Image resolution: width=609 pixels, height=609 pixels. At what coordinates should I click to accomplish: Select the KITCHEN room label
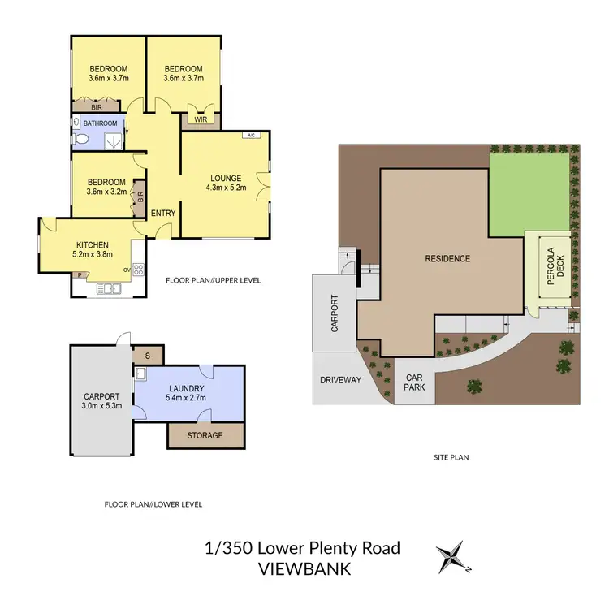click(92, 244)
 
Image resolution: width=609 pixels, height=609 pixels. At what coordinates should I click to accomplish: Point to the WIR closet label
click(199, 119)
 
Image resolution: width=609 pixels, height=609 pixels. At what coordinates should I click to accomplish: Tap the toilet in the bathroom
click(80, 140)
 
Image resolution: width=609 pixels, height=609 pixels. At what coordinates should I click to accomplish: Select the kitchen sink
click(108, 288)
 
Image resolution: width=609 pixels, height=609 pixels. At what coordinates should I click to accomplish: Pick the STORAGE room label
click(205, 436)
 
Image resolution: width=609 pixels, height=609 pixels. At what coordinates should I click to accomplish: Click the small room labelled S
click(147, 355)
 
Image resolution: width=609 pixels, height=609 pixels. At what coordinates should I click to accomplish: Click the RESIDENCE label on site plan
click(447, 259)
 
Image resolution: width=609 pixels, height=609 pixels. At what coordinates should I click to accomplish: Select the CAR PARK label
click(414, 382)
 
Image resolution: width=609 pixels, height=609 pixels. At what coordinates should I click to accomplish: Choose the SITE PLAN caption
click(451, 457)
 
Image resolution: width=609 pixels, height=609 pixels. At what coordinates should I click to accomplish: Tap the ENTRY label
click(163, 214)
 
